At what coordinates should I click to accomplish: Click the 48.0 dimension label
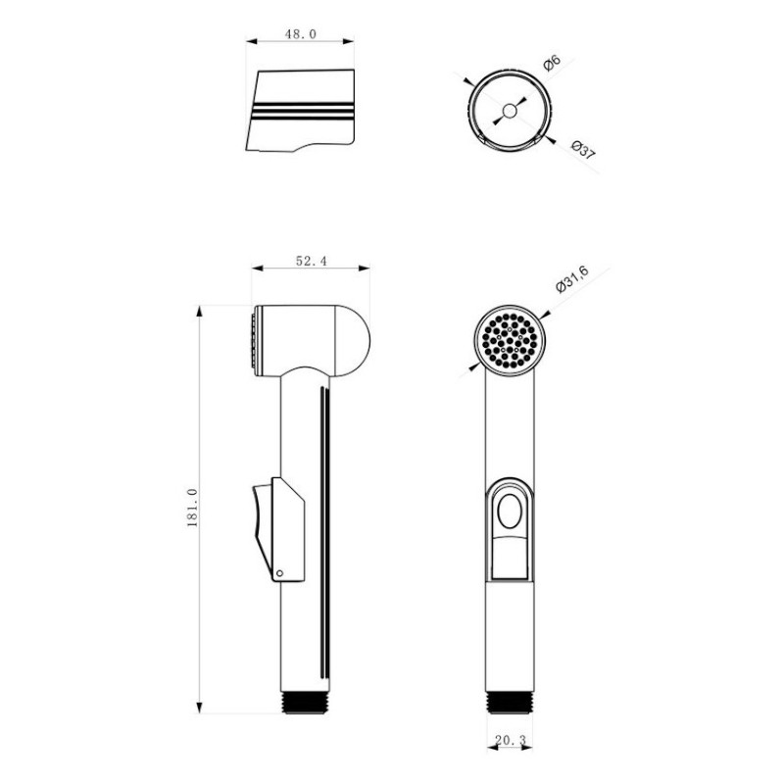point(301,34)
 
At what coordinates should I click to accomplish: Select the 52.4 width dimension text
point(311,261)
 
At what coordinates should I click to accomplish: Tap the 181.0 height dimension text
point(192,508)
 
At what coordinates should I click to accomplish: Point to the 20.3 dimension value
point(511,741)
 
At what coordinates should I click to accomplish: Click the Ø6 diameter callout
point(552,64)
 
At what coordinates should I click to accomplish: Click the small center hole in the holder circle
point(509,111)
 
